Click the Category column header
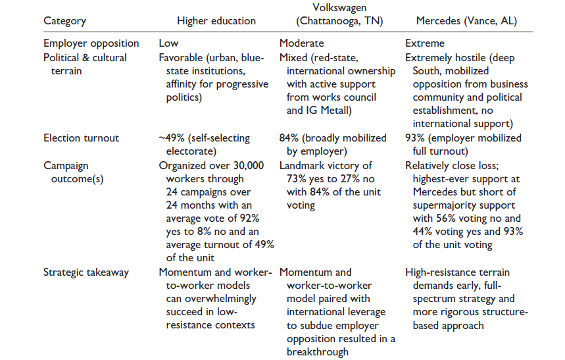pyautogui.click(x=65, y=21)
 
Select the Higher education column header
pyautogui.click(x=207, y=21)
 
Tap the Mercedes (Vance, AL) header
pyautogui.click(x=460, y=21)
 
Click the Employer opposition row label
pyautogui.click(x=91, y=43)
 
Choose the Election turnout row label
pyautogui.click(x=82, y=138)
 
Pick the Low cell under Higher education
pyautogui.click(x=168, y=43)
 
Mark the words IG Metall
pyautogui.click(x=329, y=111)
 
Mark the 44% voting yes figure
pyautogui.click(x=416, y=232)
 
